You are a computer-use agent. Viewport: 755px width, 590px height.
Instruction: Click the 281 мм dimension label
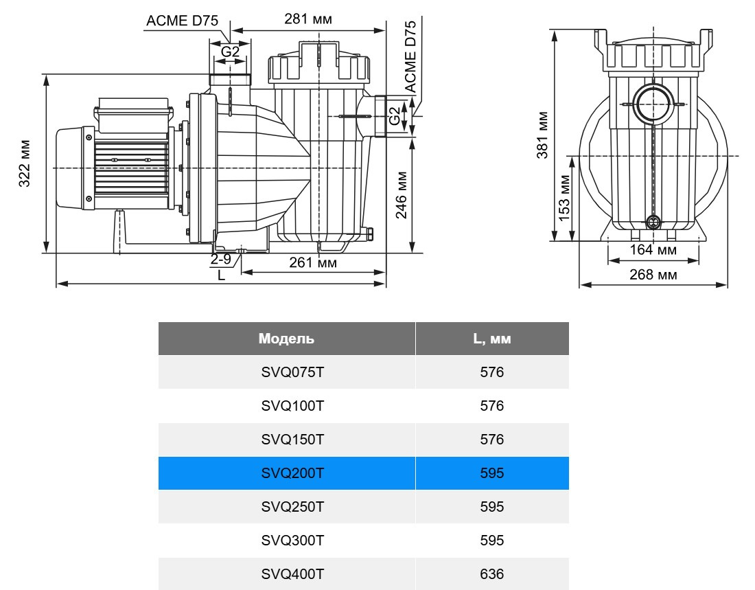(308, 19)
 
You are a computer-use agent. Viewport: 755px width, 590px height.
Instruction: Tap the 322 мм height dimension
(25, 164)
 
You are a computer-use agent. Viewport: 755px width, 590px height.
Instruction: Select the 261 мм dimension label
(312, 262)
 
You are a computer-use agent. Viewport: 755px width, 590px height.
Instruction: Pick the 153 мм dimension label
(564, 197)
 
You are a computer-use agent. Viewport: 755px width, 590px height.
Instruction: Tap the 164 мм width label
(653, 250)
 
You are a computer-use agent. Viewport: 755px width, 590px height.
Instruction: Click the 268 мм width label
(653, 275)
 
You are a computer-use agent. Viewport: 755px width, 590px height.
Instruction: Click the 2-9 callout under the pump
(221, 260)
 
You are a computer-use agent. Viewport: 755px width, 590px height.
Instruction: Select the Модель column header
(286, 339)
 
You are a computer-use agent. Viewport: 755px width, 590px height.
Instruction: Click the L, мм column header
(491, 339)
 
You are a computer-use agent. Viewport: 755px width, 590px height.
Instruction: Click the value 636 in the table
(491, 574)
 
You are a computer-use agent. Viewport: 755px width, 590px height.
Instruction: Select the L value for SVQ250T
(491, 507)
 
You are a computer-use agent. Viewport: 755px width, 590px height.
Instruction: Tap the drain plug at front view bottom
(653, 222)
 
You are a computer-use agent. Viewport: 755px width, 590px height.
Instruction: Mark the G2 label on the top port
(230, 52)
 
